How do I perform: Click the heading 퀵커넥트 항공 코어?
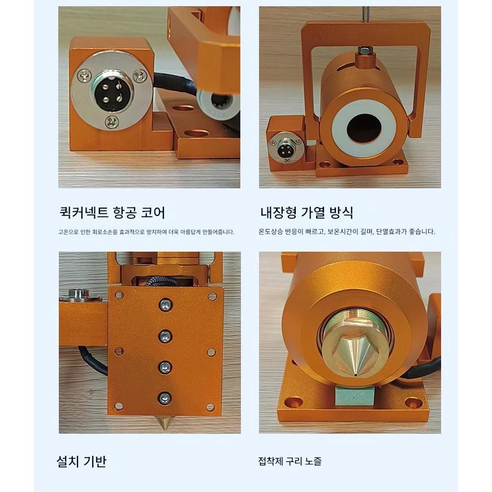(113, 213)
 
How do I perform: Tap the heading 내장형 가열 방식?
(307, 213)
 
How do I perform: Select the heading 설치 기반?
(81, 461)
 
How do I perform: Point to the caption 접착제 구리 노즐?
(290, 461)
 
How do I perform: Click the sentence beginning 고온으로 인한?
(146, 232)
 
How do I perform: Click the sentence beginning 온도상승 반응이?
(347, 231)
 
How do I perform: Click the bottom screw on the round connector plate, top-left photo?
(112, 122)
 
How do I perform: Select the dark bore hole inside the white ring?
(364, 128)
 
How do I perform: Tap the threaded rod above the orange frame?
(365, 14)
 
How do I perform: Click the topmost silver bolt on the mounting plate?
(165, 304)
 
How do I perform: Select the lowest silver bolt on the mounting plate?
(165, 399)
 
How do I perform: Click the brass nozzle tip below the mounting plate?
(165, 422)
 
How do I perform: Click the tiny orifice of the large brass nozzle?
(355, 374)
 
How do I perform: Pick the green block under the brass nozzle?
(355, 395)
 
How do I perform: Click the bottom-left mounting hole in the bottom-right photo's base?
(294, 402)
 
